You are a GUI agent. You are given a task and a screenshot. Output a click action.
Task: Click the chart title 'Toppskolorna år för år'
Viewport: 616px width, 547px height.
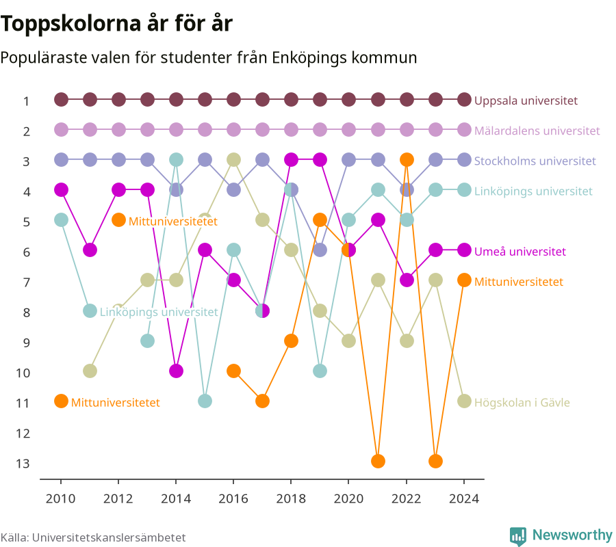[116, 24]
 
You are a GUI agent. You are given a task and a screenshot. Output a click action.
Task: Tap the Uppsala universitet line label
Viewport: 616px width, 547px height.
[526, 101]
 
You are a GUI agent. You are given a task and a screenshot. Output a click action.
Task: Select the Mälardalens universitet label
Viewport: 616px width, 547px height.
[537, 131]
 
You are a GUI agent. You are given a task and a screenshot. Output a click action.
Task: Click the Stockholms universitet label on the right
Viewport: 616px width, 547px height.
[535, 161]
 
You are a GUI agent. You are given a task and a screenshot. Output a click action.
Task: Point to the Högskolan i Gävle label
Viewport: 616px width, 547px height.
[522, 403]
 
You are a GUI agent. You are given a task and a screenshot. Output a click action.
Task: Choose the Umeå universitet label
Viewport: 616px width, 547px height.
[519, 252]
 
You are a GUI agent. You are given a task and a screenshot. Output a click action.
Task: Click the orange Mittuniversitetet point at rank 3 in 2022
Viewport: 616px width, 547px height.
[407, 160]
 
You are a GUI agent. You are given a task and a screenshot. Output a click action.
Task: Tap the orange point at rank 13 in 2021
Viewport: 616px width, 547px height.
[378, 461]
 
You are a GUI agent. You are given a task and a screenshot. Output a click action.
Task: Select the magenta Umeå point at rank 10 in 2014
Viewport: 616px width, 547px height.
[176, 371]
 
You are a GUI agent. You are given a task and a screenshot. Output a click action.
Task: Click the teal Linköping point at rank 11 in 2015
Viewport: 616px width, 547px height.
[205, 401]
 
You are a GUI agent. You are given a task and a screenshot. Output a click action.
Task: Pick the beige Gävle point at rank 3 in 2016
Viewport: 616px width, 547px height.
[234, 160]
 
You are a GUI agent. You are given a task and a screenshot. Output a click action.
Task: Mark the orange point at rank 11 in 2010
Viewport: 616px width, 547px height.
[61, 401]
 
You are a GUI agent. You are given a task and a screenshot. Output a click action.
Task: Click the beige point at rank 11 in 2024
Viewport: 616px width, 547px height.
[464, 401]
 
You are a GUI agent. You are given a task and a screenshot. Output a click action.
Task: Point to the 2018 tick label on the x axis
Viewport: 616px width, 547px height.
[291, 498]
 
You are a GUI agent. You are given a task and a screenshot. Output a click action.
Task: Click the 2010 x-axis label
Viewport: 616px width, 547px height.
[60, 498]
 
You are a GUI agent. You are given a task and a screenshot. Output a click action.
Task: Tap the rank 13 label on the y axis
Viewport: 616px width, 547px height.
[23, 464]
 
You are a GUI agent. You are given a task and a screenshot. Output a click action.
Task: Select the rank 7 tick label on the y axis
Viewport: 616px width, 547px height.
[26, 282]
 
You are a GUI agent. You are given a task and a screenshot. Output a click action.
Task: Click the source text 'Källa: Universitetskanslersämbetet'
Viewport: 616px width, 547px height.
[93, 537]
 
